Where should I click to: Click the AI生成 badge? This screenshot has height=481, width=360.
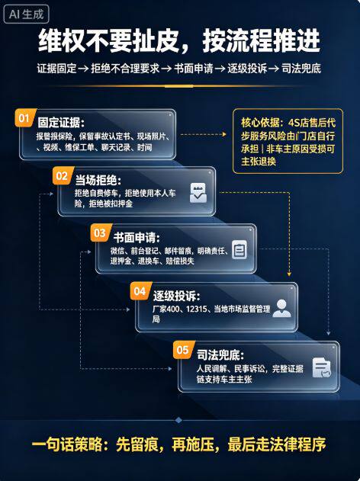26,14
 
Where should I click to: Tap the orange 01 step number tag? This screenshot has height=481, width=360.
25,118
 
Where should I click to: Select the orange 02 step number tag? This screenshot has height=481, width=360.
63,176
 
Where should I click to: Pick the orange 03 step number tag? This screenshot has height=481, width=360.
101,232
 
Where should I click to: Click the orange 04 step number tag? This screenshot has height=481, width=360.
140,290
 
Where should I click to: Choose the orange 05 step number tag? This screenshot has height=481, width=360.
184,350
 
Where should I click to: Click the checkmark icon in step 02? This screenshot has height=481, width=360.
198,193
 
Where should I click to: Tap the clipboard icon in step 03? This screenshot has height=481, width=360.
239,250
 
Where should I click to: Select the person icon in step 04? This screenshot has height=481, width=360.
281,308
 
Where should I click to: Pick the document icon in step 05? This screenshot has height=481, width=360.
321,367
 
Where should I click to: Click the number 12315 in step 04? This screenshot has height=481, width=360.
197,309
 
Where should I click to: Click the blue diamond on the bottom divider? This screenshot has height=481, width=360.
178,420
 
